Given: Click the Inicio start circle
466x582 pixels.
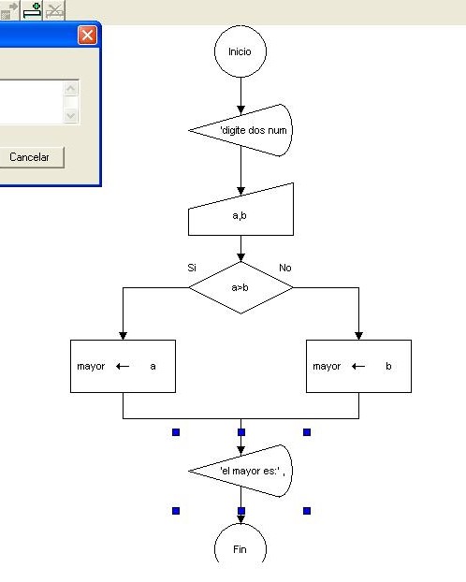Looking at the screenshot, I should point(240,51).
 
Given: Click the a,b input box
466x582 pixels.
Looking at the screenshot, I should point(241,212).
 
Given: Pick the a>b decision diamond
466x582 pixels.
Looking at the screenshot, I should point(240,287).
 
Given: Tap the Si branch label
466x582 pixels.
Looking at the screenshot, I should point(192,268).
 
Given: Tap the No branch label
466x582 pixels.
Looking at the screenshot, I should point(285,268).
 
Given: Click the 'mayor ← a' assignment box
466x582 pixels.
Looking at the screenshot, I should point(123,366).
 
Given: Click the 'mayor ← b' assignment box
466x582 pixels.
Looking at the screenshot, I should point(358,366).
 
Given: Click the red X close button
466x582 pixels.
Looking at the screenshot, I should point(87,36).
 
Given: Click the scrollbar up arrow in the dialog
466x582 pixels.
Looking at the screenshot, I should point(71,89).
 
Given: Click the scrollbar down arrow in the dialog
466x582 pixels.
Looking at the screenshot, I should point(71,115).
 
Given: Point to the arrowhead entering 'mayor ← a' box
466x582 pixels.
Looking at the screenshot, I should point(123,335).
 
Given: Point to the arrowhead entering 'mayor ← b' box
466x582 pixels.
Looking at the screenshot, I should point(358,335).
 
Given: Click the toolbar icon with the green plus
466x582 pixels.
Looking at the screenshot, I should point(33,10).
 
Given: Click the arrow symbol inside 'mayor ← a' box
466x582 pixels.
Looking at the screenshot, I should point(122,367).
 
